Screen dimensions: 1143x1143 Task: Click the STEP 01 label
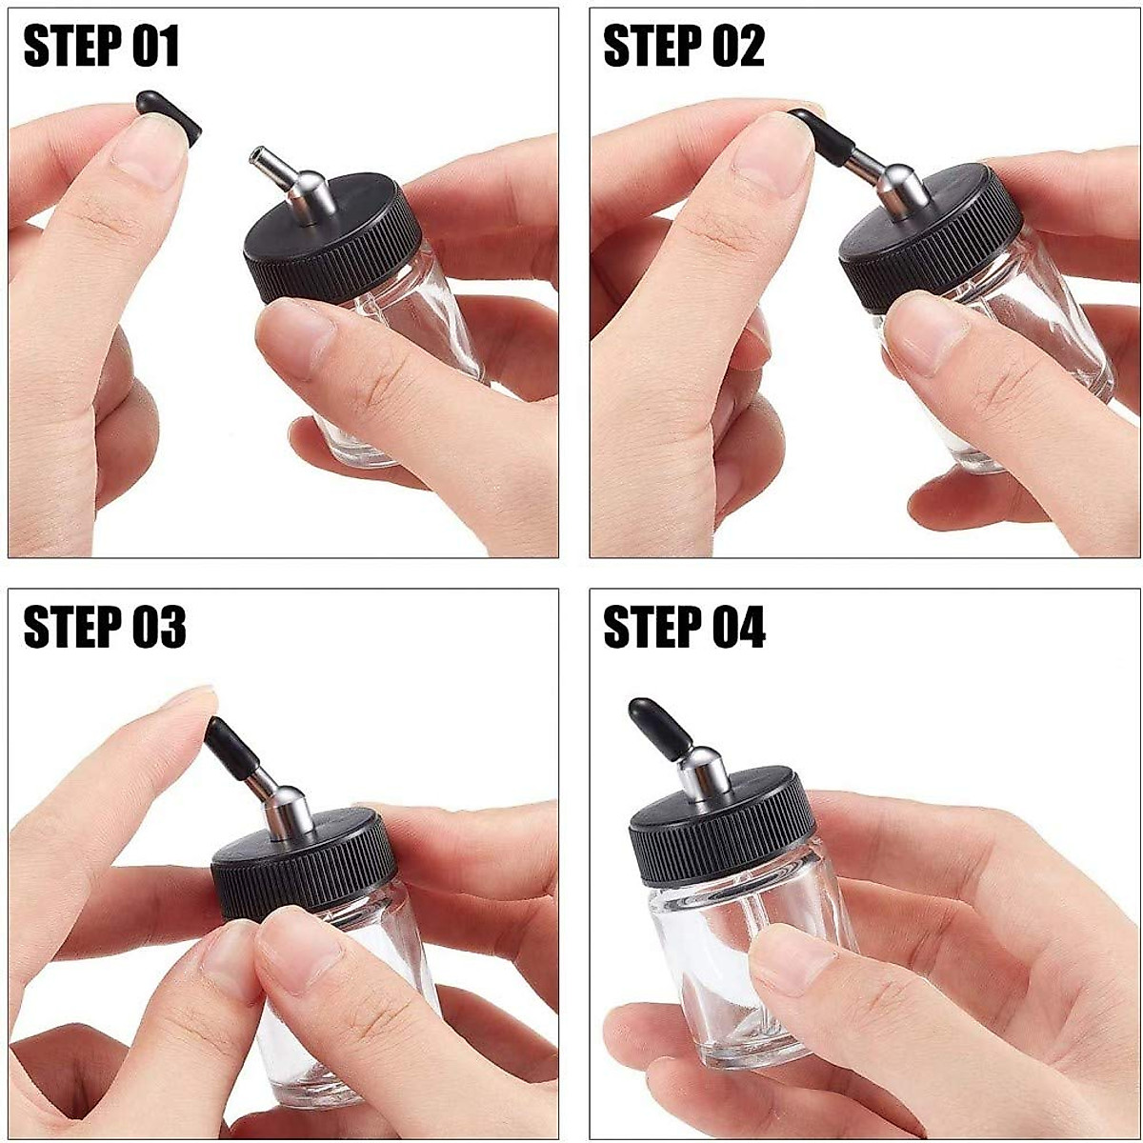[x=101, y=48]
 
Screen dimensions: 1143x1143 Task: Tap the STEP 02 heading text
[x=683, y=48]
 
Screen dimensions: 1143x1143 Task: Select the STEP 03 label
[x=104, y=629]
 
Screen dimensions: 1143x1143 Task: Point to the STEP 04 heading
[x=684, y=629]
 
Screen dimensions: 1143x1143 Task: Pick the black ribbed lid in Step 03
[x=305, y=862]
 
